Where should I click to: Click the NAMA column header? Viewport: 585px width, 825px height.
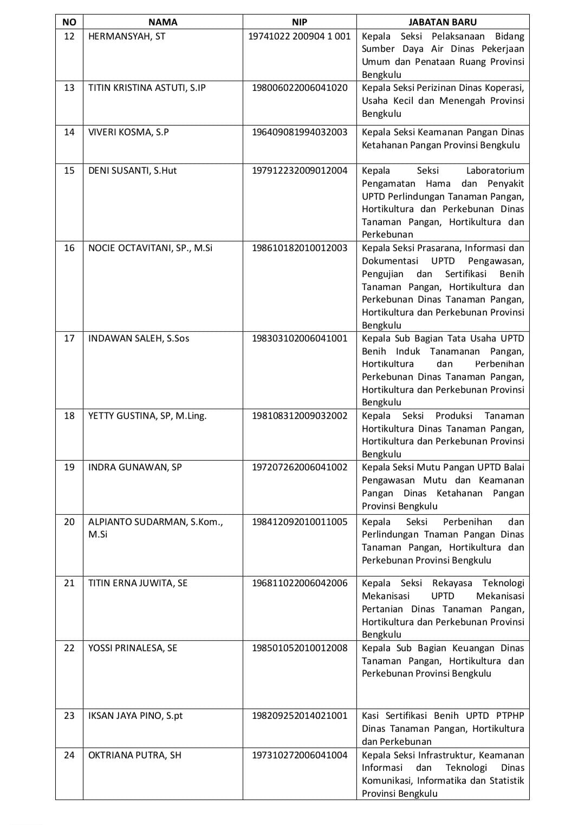click(x=162, y=22)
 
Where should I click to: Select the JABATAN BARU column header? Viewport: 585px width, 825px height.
click(x=443, y=22)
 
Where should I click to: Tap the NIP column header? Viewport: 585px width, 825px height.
click(x=299, y=22)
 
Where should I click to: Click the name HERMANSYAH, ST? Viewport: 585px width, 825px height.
click(x=127, y=36)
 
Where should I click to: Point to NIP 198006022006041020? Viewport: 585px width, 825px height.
click(x=300, y=88)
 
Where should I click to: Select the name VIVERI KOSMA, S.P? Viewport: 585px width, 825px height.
click(x=128, y=132)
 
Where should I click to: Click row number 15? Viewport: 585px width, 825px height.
click(x=69, y=171)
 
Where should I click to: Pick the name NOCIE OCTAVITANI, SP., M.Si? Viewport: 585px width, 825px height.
click(x=150, y=248)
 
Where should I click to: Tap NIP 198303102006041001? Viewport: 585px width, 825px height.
click(x=300, y=338)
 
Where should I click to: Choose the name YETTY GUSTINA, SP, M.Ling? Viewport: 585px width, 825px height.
click(x=147, y=416)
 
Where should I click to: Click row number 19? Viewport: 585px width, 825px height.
click(x=69, y=467)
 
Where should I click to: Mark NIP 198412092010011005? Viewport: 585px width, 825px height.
click(x=300, y=522)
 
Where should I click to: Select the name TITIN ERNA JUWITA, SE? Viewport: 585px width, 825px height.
click(x=138, y=583)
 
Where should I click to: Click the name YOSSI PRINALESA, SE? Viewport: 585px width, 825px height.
click(x=133, y=648)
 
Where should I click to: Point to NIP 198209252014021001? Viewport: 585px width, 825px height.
click(x=300, y=716)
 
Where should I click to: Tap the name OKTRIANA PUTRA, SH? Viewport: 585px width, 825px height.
click(x=134, y=755)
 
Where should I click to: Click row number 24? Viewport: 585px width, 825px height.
click(x=69, y=755)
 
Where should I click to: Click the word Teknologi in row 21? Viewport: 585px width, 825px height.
click(x=503, y=583)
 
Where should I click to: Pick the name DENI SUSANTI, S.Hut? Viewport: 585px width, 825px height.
click(x=132, y=171)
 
